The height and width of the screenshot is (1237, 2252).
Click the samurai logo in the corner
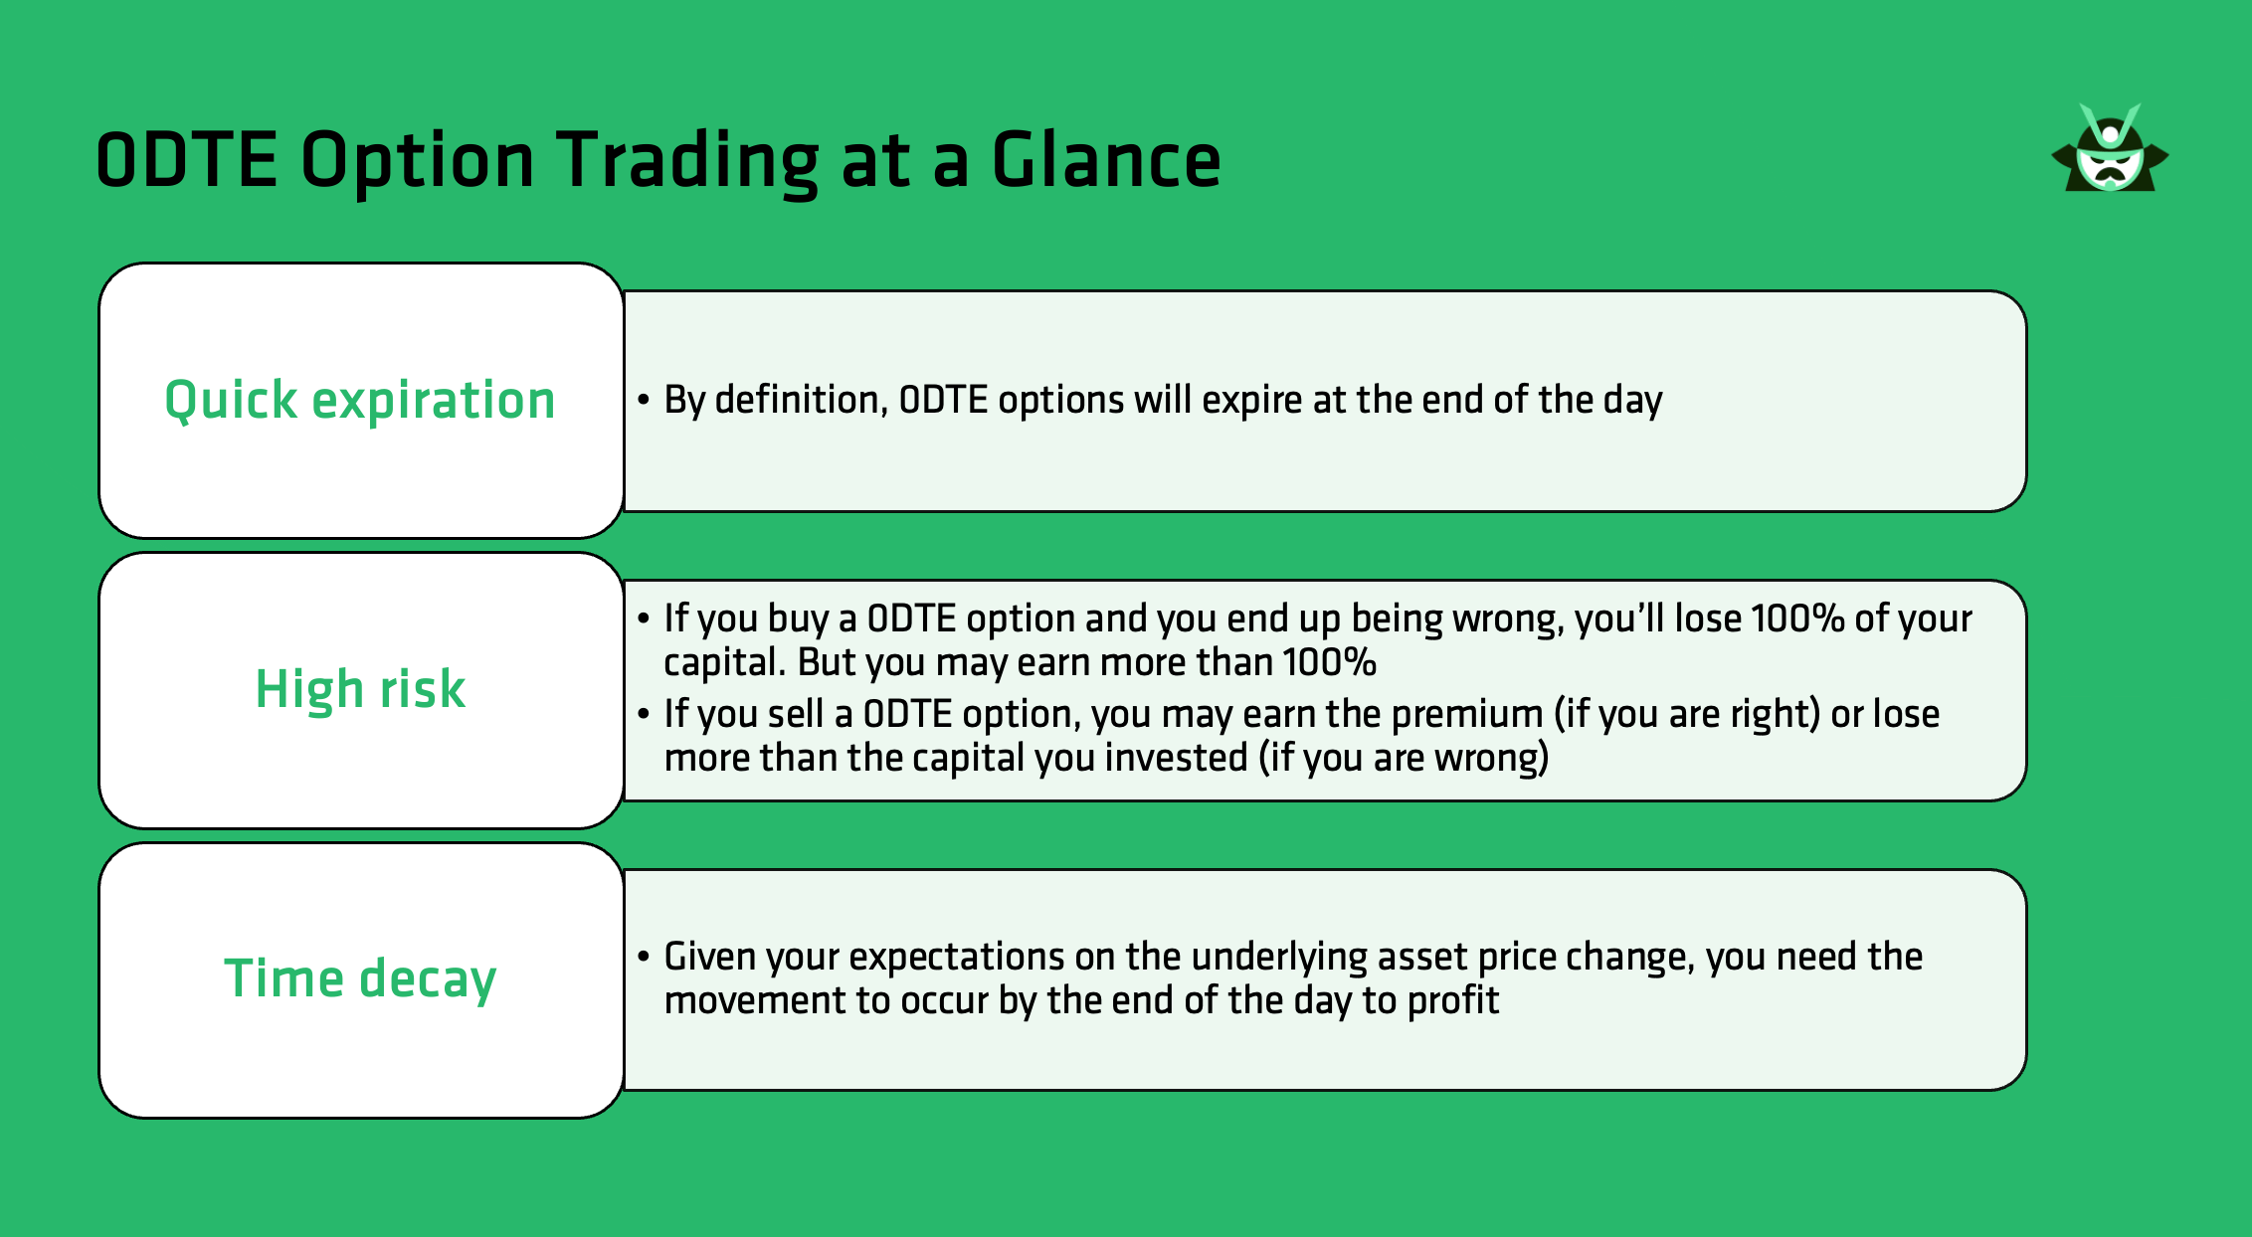point(2109,151)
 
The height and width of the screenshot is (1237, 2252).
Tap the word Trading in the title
point(686,161)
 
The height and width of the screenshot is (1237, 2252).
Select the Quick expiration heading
point(360,401)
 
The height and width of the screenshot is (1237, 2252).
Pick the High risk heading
point(360,689)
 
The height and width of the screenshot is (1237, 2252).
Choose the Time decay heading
point(360,978)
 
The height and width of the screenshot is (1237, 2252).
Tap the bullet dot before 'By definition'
point(644,400)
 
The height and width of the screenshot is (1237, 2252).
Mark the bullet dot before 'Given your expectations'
point(644,957)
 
